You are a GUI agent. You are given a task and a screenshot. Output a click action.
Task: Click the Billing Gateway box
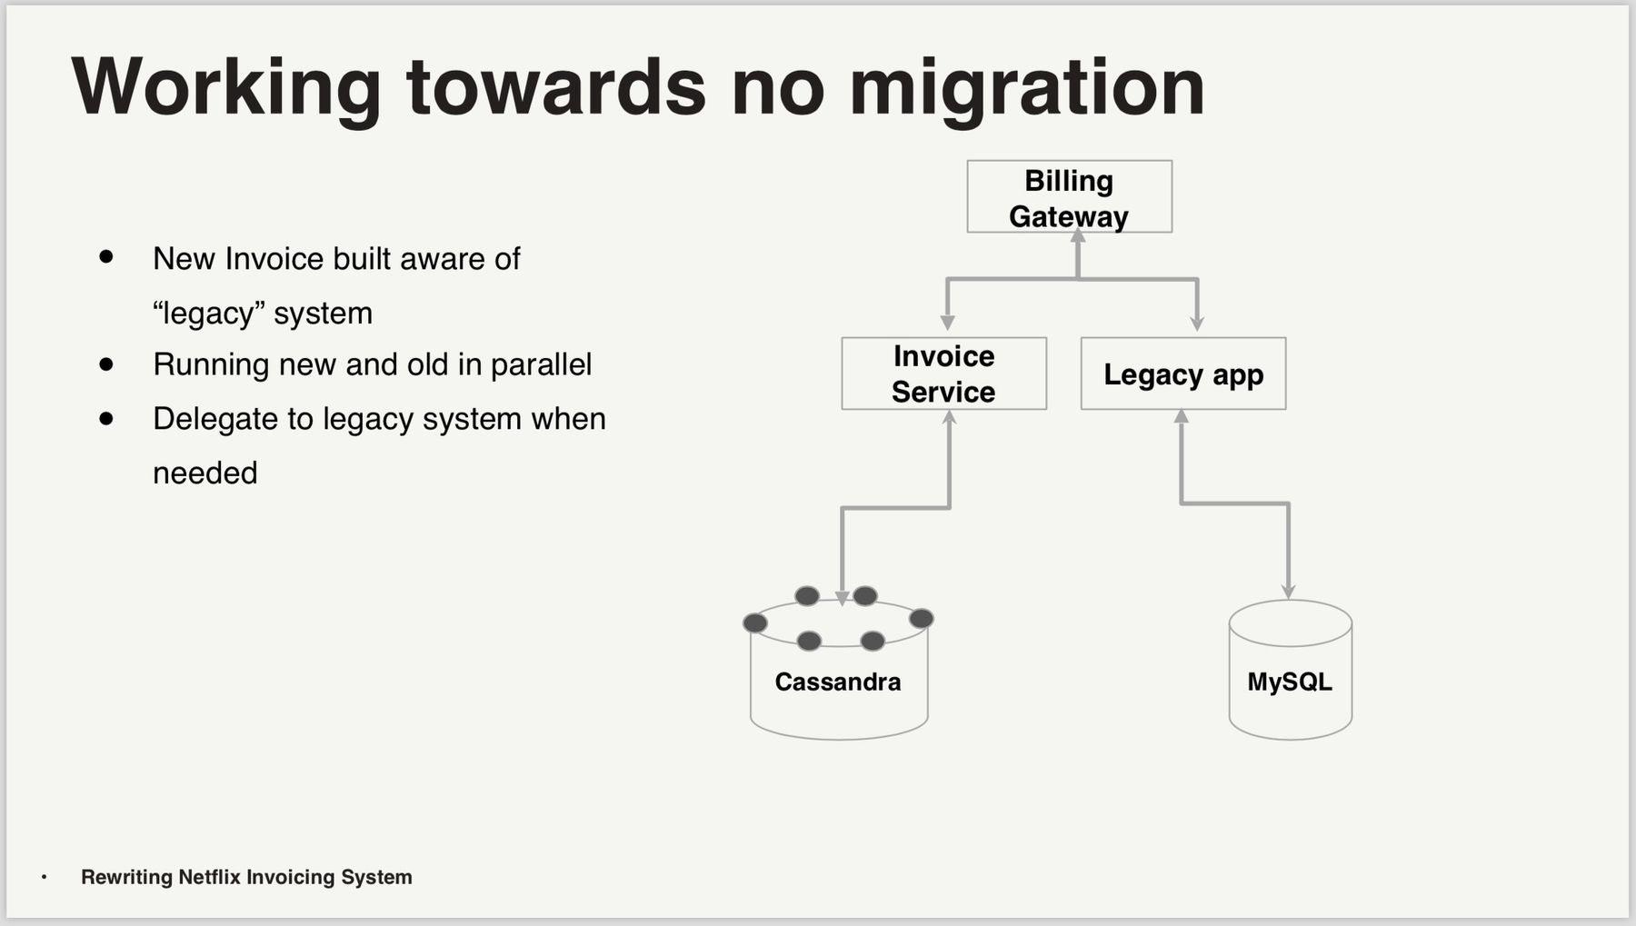(1069, 197)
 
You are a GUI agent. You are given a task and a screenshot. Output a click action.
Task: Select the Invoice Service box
(943, 373)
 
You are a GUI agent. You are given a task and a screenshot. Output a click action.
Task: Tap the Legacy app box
(1182, 373)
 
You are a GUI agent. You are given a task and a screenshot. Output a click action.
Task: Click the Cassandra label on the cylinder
(837, 682)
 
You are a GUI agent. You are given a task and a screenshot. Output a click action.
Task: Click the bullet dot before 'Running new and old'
(106, 364)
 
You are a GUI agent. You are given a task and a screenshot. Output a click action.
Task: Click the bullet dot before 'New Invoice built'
(106, 258)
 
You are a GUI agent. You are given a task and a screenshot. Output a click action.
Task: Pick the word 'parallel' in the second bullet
(541, 364)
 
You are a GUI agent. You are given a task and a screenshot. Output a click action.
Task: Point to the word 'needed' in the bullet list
(204, 473)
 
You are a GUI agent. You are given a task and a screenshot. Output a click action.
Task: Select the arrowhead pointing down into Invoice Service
(947, 323)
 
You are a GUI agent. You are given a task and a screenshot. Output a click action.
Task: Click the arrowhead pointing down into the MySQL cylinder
(1289, 592)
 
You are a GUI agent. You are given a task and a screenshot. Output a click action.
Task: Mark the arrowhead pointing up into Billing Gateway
(1078, 237)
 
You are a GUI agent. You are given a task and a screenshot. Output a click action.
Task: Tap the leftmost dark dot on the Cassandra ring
(755, 622)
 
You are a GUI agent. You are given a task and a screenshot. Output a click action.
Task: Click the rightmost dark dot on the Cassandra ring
(921, 619)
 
